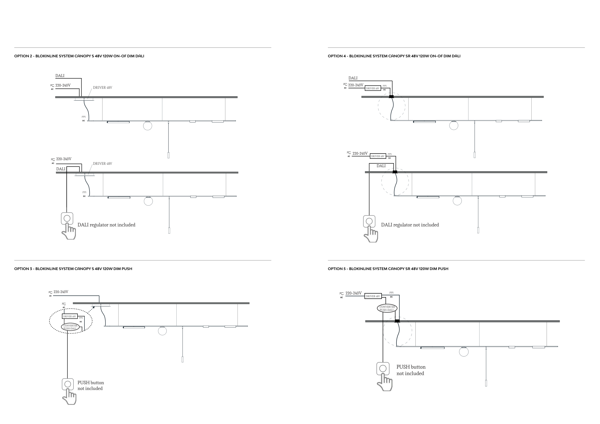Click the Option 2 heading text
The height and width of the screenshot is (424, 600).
coord(79,56)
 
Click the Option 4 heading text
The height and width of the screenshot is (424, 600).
coord(394,56)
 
